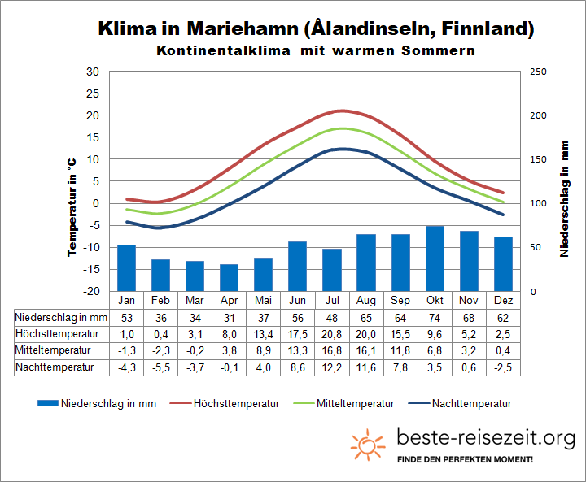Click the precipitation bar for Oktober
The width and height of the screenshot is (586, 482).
tap(435, 258)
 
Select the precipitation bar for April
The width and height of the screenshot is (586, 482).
tap(229, 277)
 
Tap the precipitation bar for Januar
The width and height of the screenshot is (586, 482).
tap(126, 267)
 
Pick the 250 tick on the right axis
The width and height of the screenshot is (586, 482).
tap(538, 72)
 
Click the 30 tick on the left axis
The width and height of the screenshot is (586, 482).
tap(93, 72)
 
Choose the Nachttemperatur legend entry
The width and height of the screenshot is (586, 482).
tap(472, 403)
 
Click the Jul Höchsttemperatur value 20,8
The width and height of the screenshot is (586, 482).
tap(331, 334)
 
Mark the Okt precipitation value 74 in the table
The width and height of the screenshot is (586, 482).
tap(435, 317)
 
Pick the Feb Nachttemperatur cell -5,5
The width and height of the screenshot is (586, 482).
tap(160, 367)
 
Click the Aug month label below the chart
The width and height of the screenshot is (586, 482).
tap(366, 300)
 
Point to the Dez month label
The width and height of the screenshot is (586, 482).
tap(504, 300)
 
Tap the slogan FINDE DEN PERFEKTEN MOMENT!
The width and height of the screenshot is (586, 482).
tap(465, 461)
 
